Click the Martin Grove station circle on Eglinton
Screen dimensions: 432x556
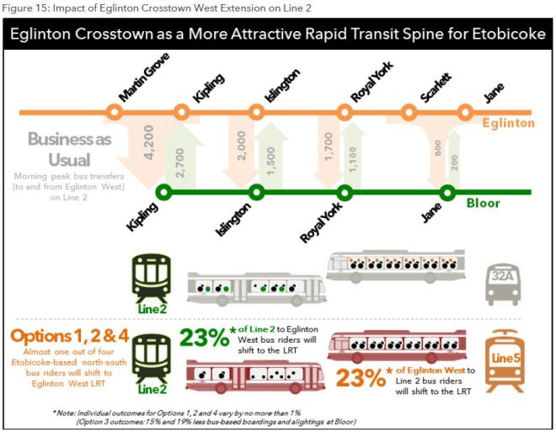point(114,111)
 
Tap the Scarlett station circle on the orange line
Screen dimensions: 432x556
point(408,111)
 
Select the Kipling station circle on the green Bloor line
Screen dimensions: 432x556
point(164,193)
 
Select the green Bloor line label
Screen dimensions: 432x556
point(484,204)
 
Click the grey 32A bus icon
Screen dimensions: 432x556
point(504,284)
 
